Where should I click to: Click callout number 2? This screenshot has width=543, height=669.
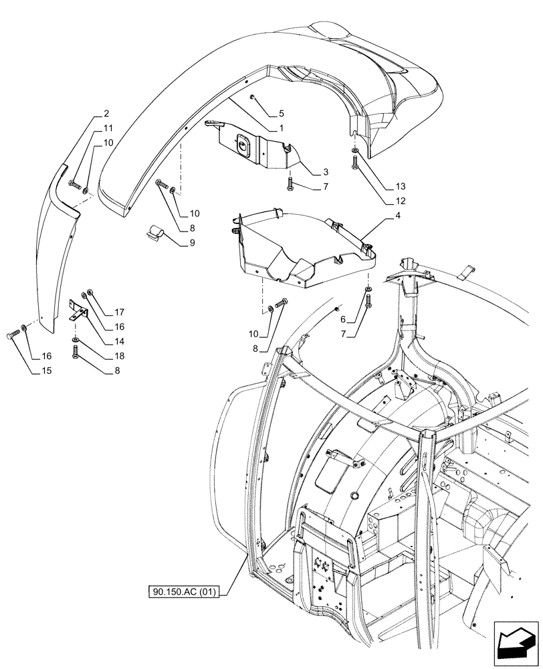(x=106, y=113)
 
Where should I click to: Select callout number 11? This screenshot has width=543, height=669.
(x=108, y=128)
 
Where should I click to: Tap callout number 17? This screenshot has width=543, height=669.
(x=119, y=312)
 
